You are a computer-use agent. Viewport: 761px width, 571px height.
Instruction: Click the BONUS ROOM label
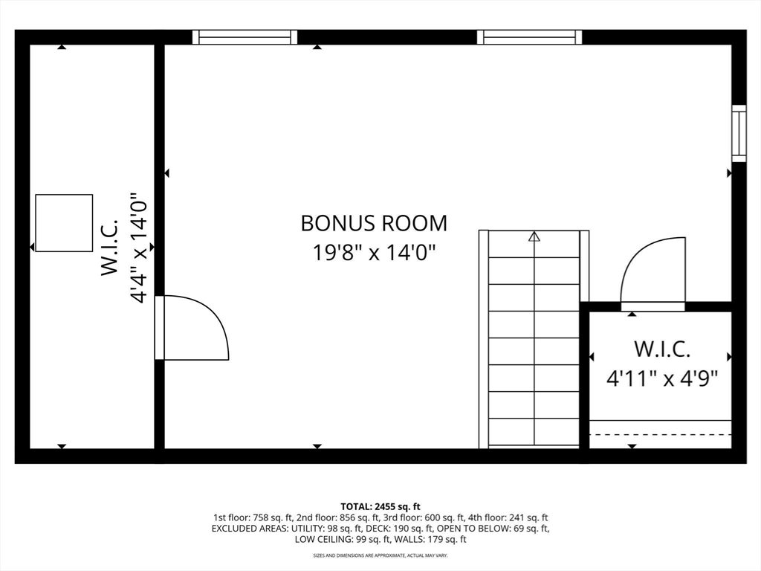click(374, 223)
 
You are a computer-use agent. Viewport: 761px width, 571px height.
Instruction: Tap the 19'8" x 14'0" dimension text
click(374, 253)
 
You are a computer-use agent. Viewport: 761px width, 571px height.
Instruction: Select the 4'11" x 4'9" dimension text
click(662, 378)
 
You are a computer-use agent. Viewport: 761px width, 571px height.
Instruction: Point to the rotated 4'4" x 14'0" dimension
click(137, 247)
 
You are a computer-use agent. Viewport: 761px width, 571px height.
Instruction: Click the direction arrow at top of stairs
click(534, 236)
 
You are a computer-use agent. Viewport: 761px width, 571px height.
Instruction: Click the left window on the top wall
click(245, 37)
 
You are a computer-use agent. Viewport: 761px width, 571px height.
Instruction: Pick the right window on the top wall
click(529, 37)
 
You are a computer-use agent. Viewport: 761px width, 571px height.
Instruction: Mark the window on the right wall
click(739, 134)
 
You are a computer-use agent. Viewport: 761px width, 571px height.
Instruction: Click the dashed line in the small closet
click(661, 434)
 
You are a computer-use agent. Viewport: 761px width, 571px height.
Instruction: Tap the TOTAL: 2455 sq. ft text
click(380, 507)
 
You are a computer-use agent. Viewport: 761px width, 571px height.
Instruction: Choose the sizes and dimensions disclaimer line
click(380, 555)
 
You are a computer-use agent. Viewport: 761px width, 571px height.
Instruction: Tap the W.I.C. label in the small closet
click(662, 349)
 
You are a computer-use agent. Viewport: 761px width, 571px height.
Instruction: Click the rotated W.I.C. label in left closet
click(110, 247)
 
